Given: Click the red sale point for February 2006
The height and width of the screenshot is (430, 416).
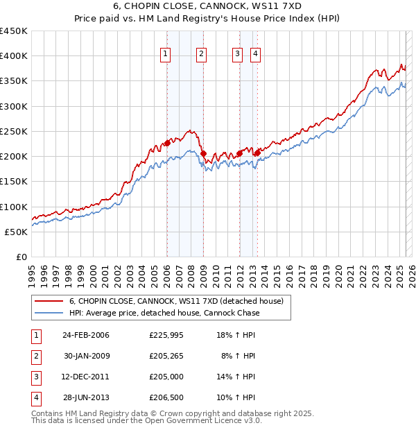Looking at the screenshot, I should tap(167, 143).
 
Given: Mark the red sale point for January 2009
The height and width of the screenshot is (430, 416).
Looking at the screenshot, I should tap(203, 153).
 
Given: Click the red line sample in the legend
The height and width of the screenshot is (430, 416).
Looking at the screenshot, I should tap(49, 302).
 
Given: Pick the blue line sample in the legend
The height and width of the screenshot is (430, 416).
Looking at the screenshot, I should tap(49, 313).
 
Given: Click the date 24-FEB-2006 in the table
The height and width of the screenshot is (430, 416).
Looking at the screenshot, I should tap(86, 335).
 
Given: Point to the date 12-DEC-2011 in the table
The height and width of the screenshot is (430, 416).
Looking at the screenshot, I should tap(86, 377).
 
